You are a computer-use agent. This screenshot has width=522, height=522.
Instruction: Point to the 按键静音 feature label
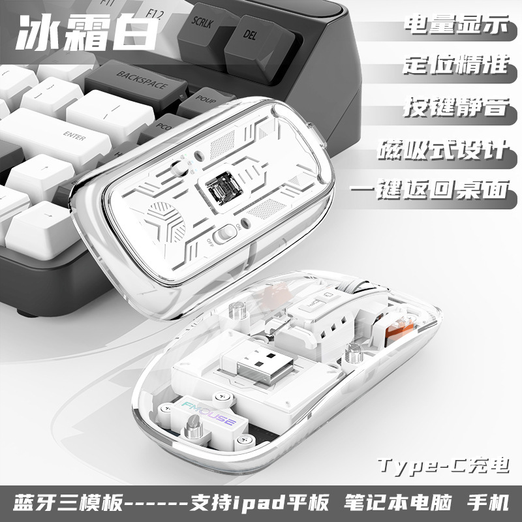[455, 106]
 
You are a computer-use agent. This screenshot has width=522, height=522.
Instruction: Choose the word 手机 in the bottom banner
[488, 504]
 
